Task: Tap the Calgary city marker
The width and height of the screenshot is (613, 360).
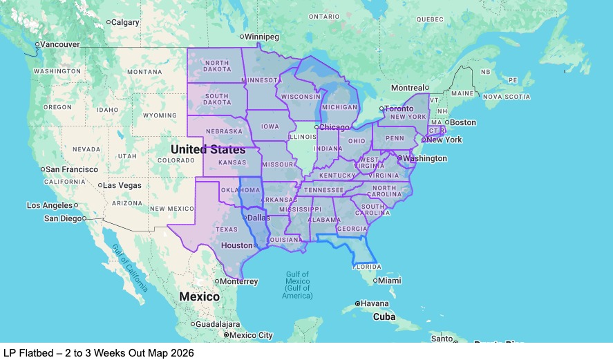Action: coord(109,23)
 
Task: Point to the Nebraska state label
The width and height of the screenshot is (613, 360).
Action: coord(223,131)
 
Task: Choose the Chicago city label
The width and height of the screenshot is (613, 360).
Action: coord(334,127)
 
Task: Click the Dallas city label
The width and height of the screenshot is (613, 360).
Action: coord(258,217)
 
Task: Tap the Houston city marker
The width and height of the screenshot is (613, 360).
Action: coord(256,245)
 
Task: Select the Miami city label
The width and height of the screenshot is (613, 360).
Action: coord(389,281)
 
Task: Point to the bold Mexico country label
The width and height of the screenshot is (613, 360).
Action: coord(199,296)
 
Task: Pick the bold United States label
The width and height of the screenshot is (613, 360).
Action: coord(208,149)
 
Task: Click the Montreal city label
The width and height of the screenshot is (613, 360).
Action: coord(407,88)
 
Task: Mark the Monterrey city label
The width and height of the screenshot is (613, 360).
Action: coord(238,281)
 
